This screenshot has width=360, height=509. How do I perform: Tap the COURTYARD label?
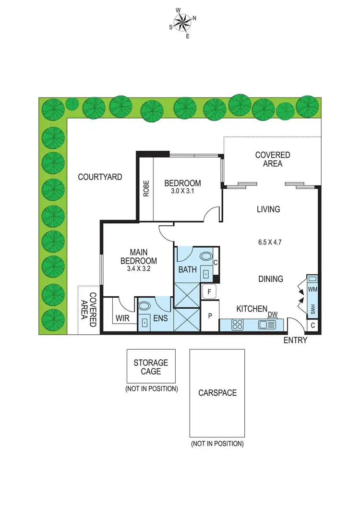click(100, 177)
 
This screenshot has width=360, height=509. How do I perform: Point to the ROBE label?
click(145, 188)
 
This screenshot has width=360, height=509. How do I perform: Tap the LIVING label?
click(268, 209)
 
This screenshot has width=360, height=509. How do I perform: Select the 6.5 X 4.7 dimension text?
click(269, 242)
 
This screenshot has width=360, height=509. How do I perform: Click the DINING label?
click(271, 279)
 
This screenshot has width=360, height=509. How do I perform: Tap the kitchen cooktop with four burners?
click(237, 325)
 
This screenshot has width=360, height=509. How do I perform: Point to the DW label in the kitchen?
click(273, 315)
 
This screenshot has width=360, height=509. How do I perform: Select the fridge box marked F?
click(210, 291)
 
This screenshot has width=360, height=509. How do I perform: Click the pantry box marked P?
click(210, 316)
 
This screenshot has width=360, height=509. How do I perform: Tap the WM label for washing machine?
click(312, 290)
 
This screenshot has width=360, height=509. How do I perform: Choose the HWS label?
click(312, 310)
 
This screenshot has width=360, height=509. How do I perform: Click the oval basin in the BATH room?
click(207, 256)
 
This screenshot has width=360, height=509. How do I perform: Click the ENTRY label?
click(295, 340)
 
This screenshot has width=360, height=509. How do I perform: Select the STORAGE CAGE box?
click(151, 366)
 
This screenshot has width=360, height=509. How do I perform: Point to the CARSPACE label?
click(217, 392)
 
